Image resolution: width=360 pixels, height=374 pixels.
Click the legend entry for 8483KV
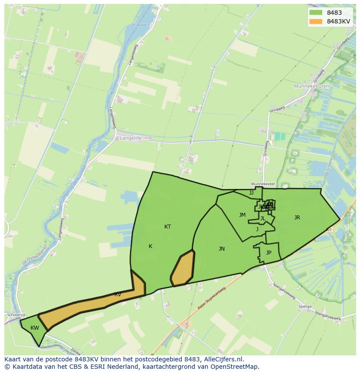[338, 21]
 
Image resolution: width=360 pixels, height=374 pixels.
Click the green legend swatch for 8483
[316, 13]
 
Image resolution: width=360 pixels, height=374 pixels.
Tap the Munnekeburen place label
[311, 86]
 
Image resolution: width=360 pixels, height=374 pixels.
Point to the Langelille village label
[130, 138]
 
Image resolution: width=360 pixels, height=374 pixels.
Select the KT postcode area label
[167, 227]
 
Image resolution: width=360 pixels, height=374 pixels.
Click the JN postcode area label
[222, 249]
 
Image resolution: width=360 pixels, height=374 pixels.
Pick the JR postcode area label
[297, 218]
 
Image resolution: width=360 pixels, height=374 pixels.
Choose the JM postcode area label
[242, 215]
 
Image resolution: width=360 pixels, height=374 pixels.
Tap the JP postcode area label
[269, 253]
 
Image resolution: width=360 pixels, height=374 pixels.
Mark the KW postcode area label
[35, 328]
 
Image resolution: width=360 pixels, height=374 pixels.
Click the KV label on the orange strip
[117, 295]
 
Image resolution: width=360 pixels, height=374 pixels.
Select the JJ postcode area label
[251, 193]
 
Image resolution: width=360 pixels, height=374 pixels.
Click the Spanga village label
[305, 307]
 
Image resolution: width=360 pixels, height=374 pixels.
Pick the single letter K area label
[150, 246]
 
